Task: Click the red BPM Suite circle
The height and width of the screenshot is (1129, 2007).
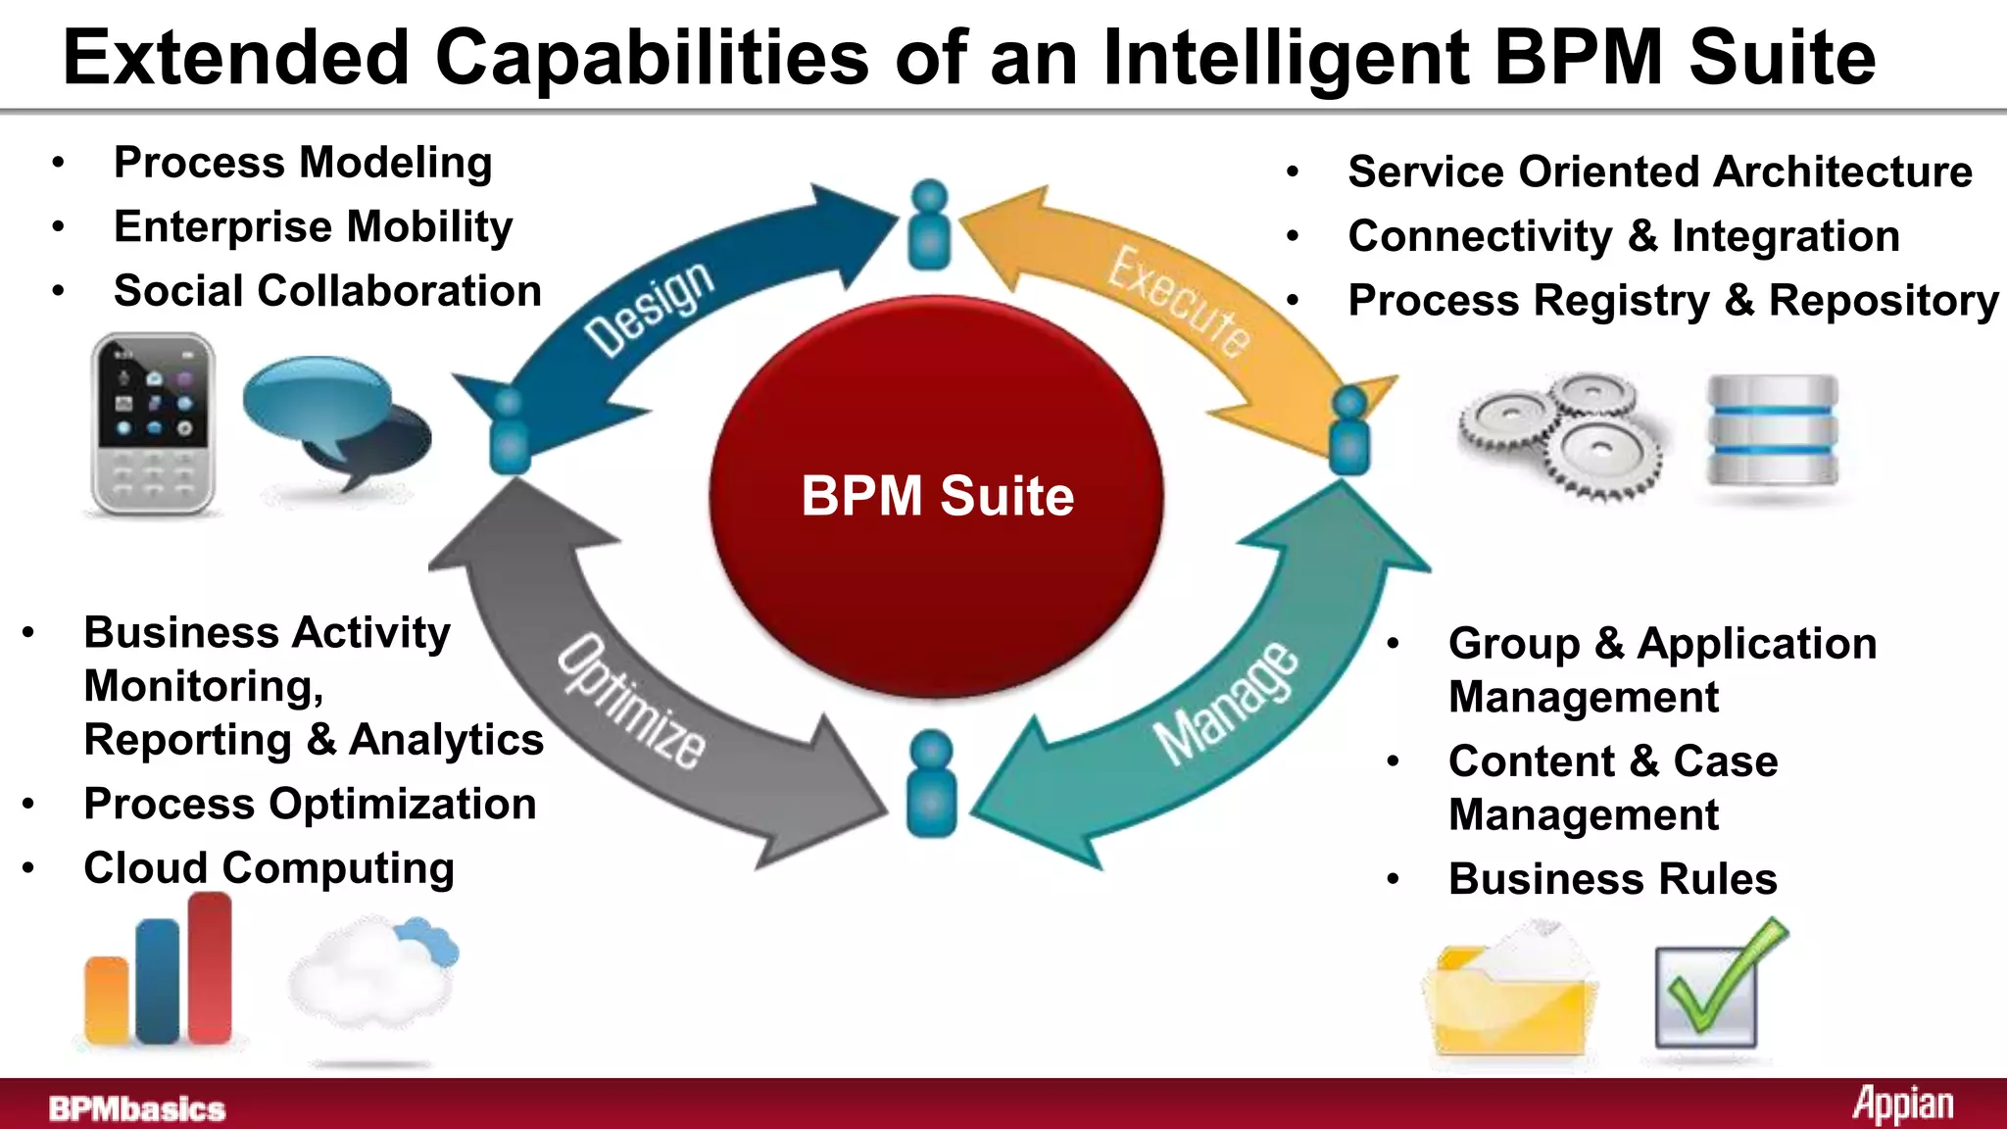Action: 936,497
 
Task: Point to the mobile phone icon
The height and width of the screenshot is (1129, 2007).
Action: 153,423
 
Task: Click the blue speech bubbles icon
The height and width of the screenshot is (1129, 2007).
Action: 333,417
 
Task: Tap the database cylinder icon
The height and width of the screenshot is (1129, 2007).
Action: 1772,431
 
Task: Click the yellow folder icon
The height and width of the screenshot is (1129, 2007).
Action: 1510,995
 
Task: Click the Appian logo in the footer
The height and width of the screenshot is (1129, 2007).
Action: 1902,1105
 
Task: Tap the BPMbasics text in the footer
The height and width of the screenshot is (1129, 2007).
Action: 137,1108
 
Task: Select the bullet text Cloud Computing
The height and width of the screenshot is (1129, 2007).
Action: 269,868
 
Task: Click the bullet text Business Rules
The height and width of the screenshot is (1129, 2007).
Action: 1612,879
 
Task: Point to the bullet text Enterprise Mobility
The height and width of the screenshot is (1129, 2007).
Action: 313,227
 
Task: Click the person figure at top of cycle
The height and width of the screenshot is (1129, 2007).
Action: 929,225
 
